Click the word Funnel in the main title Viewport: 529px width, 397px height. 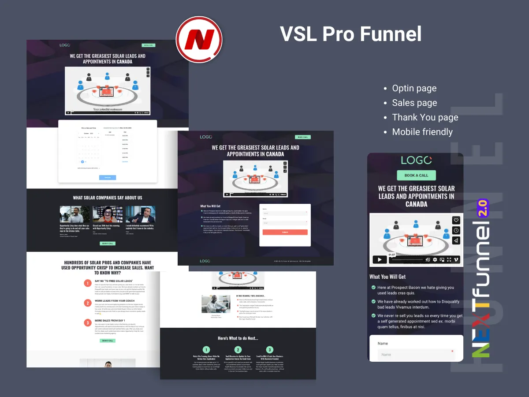391,34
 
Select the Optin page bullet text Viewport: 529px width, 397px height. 414,88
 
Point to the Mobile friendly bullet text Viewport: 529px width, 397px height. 422,132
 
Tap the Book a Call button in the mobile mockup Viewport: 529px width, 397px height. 416,175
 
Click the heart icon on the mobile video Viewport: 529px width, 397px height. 456,221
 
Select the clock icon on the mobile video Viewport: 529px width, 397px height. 456,230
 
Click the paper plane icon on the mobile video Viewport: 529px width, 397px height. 456,240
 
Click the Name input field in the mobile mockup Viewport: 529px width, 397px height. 416,354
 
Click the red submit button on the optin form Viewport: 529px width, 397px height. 285,232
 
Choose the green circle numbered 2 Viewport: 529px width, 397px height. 238,350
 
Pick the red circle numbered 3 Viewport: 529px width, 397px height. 88,323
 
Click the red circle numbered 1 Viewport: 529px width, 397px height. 88,283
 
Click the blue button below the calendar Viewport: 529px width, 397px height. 108,177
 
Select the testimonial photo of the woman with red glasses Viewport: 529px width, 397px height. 108,214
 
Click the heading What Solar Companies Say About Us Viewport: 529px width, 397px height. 108,198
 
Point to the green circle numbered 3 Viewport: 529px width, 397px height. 270,350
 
